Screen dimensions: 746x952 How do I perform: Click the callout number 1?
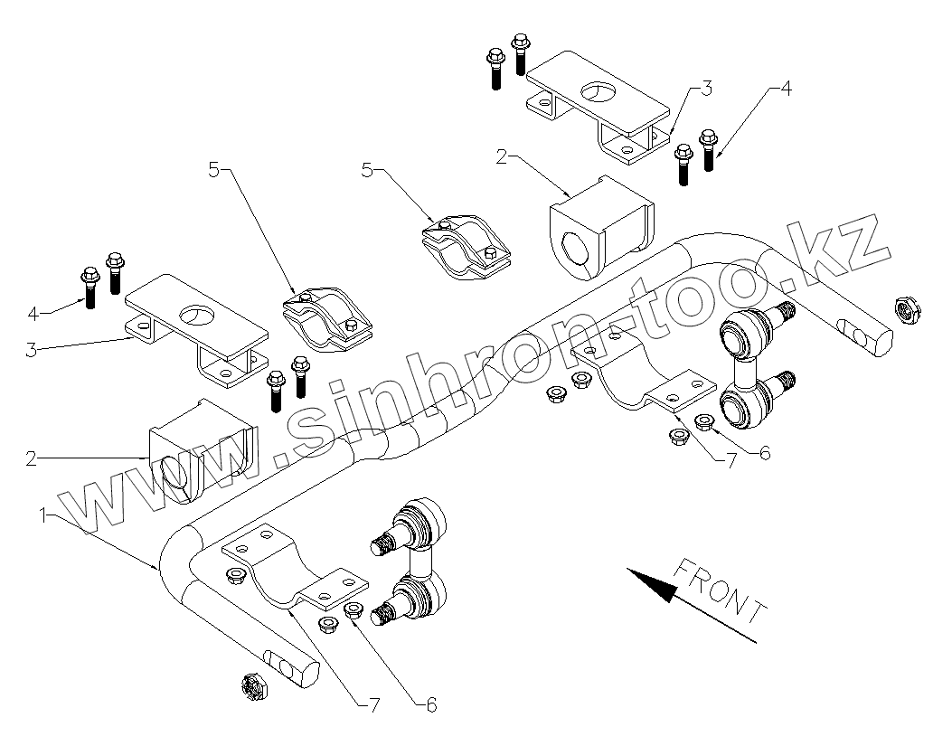42,515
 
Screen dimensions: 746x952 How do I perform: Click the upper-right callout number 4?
785,89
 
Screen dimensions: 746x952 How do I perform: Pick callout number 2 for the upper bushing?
502,156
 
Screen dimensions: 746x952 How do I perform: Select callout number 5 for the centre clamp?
367,169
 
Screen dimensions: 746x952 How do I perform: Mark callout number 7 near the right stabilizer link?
730,460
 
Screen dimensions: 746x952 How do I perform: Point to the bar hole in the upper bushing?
573,249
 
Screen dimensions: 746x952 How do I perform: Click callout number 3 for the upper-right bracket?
706,89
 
